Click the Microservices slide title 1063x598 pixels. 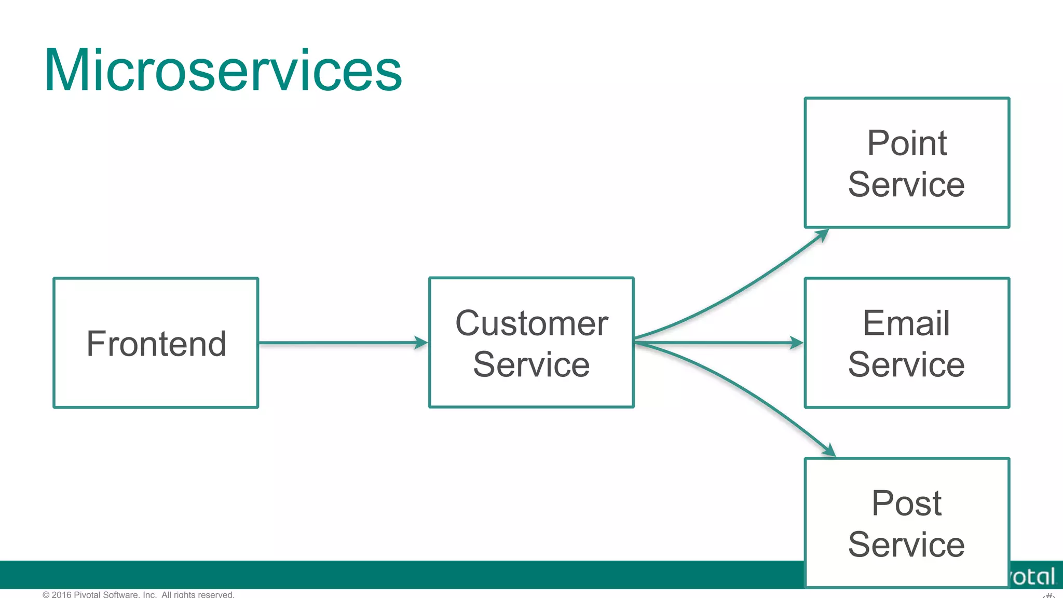click(223, 70)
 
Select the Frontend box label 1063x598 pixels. click(156, 344)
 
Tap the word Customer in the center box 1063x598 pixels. click(531, 323)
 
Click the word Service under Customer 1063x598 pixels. click(531, 364)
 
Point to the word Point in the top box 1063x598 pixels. click(907, 143)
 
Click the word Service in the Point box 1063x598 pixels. click(906, 184)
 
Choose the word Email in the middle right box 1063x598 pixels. click(906, 323)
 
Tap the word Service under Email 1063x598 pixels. click(906, 364)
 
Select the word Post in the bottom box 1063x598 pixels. click(906, 503)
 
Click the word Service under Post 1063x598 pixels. click(906, 545)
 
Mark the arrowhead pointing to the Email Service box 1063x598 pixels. click(797, 343)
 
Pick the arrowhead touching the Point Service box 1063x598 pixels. click(822, 235)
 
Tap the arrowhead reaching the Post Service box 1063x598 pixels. click(829, 451)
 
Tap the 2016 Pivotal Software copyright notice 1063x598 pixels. click(139, 594)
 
